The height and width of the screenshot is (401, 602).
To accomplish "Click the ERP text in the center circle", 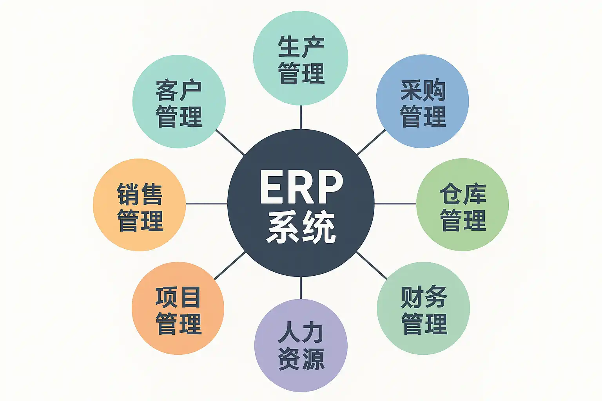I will click(301, 187).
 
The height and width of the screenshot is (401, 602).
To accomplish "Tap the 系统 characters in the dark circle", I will click(301, 227).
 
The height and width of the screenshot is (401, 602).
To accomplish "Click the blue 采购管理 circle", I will click(422, 101).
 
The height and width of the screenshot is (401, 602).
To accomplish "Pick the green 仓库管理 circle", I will click(462, 204).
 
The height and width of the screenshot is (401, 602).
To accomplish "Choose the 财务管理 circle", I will click(423, 309).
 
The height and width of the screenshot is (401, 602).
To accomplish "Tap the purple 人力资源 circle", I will click(301, 345).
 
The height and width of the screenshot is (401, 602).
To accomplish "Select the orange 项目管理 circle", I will click(178, 309).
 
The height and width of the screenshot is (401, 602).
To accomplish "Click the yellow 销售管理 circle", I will click(139, 205).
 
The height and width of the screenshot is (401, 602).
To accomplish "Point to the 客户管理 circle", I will click(179, 101).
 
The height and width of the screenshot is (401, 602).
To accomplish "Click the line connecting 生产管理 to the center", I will click(301, 117).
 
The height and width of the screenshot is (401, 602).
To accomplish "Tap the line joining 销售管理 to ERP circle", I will click(207, 204).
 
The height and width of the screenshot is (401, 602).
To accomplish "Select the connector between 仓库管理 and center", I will click(395, 204).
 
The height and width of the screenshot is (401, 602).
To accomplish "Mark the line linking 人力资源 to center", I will click(301, 288).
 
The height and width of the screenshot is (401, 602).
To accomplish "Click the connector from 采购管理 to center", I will click(372, 142).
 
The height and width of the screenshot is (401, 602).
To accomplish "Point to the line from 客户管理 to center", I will click(230, 143).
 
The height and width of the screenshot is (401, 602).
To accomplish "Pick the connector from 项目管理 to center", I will click(230, 266).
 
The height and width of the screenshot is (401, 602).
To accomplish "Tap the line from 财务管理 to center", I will click(372, 266).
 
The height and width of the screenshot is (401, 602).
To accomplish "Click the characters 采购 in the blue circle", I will click(422, 90).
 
